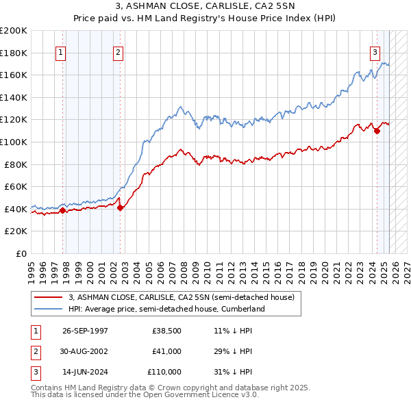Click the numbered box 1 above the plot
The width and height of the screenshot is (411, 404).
coord(61,52)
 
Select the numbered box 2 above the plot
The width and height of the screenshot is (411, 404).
coord(118,52)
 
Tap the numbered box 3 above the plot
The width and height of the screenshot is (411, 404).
coord(375,52)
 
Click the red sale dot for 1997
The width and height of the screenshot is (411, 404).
coord(63,210)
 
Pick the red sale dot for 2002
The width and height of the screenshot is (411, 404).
coord(120,207)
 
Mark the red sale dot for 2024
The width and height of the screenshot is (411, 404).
coord(377,131)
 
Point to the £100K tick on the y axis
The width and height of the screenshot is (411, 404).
coord(14,142)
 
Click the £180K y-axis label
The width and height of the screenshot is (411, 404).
coord(14,53)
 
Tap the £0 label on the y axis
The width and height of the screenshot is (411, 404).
coord(21,253)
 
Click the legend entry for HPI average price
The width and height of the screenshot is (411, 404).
coord(166,309)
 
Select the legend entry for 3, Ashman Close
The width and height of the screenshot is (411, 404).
coord(181,297)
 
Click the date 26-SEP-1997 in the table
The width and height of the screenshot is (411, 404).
coord(85,331)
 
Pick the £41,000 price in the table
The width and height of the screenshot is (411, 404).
coord(166,351)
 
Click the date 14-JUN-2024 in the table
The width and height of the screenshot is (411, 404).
coord(85,372)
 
